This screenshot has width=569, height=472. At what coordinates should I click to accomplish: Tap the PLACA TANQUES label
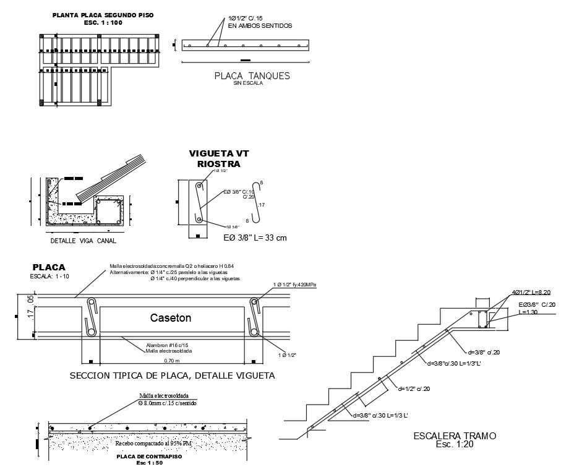[x=252, y=76]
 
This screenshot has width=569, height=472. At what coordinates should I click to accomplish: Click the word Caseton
[x=171, y=318]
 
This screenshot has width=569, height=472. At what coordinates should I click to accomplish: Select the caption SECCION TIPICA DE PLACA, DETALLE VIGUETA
[x=173, y=375]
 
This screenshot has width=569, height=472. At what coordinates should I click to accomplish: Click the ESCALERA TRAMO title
[x=455, y=436]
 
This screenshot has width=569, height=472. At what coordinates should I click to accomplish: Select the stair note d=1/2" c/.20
[x=414, y=388]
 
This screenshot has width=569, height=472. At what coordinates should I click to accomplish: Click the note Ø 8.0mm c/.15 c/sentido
[x=167, y=403]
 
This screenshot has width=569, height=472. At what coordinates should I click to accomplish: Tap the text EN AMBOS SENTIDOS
[x=260, y=26]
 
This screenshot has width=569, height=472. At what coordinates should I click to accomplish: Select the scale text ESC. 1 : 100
[x=104, y=22]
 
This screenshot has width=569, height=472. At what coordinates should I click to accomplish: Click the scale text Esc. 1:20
[x=455, y=444]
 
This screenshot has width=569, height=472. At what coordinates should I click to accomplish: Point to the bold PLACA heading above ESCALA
[x=49, y=267]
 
